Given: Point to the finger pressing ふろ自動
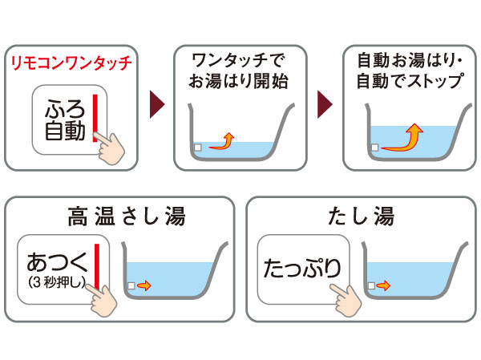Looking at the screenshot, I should coord(116,147).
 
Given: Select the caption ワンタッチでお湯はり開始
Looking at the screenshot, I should coord(239,70).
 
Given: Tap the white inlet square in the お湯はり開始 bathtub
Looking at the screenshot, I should coord(197,148).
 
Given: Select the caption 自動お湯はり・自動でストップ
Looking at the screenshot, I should coord(409,70).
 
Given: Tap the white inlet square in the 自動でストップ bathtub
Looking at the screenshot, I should coord(374,148).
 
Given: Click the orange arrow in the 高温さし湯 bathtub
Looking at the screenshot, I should coord(143,285).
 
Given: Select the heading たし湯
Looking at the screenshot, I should coord(361,216).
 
